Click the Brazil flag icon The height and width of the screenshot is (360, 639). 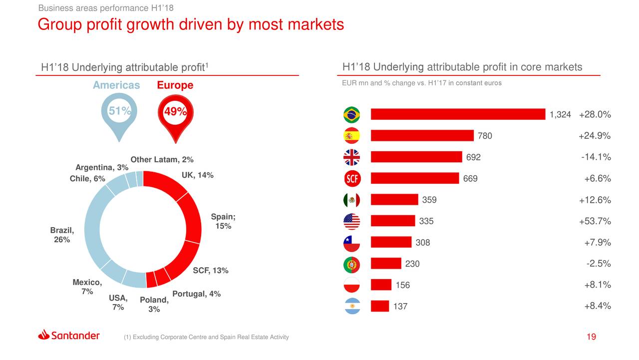[351, 115]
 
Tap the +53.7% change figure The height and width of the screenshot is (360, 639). [595, 221]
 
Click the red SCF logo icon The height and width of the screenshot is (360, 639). [351, 179]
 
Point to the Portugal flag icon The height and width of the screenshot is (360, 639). [351, 264]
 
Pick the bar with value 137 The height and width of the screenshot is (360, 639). [380, 306]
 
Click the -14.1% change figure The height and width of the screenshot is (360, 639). [596, 157]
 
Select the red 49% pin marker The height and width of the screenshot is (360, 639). [175, 116]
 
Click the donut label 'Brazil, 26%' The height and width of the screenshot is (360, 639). [62, 235]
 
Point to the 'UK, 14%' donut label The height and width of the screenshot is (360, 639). [197, 175]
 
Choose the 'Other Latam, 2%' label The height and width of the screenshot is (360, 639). [162, 160]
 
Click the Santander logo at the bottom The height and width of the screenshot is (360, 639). [69, 336]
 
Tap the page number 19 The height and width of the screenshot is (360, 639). [591, 337]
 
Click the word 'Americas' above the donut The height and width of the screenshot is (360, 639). [116, 85]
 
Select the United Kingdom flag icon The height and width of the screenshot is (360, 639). [351, 157]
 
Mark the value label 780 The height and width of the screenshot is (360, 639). [485, 136]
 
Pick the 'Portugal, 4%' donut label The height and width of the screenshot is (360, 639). [196, 294]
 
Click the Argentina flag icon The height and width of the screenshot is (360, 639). [351, 306]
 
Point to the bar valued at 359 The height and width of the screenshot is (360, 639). [394, 200]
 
